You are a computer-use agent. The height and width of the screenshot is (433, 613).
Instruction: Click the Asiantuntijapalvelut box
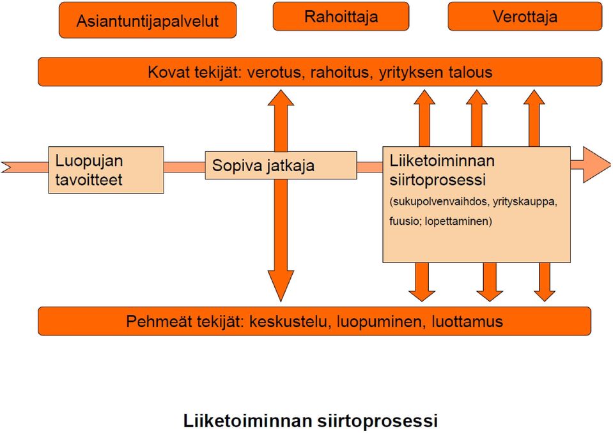[x=148, y=20]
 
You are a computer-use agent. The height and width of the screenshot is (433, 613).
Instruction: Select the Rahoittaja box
[x=341, y=16]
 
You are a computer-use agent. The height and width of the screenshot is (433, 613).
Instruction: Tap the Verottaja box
[x=525, y=16]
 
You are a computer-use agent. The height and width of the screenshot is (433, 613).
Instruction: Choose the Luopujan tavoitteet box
[x=106, y=170]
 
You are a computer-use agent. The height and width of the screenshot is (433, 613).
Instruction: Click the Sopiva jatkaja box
[x=281, y=165]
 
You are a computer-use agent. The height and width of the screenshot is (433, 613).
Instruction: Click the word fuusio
[x=404, y=221]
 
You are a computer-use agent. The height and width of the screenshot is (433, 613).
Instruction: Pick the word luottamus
[x=467, y=321]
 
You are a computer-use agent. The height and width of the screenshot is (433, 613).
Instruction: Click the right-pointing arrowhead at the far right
[x=596, y=165]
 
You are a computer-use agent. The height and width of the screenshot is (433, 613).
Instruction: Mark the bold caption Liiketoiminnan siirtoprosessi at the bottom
[x=311, y=421]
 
